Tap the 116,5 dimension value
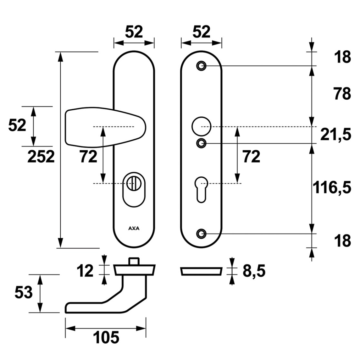point(332,187)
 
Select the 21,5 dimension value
point(336,135)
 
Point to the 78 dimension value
point(342,94)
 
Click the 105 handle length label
point(106,337)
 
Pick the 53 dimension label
point(24,293)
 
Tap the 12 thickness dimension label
point(85,271)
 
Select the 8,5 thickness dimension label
point(254,271)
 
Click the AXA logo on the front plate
point(134,228)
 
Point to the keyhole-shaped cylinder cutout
point(201,189)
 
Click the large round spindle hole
point(201,126)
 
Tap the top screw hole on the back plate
point(201,66)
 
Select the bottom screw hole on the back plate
point(201,234)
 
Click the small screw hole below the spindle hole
point(201,144)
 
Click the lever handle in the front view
point(105,127)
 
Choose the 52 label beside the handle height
point(17,125)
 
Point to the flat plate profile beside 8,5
point(201,271)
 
